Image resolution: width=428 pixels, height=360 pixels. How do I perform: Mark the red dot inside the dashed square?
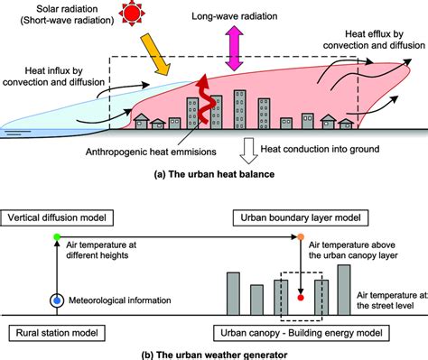click(301, 296)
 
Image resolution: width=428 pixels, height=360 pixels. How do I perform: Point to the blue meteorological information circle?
click(58, 301)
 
